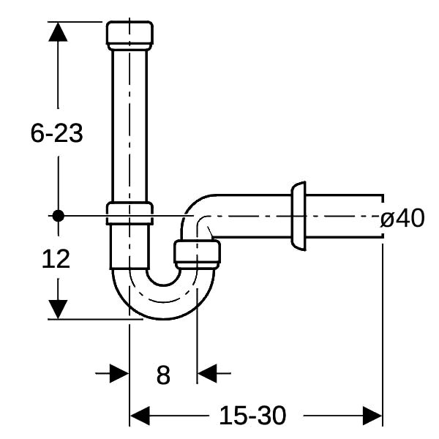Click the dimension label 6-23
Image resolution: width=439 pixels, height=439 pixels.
[56, 133]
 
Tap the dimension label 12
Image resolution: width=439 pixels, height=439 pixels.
[56, 259]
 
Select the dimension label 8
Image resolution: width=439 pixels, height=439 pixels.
[163, 375]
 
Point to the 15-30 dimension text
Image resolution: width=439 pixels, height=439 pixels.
[252, 416]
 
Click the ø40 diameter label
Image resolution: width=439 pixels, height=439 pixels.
[402, 218]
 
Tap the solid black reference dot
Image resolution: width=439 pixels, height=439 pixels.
[59, 216]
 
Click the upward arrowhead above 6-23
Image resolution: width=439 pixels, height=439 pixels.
[58, 32]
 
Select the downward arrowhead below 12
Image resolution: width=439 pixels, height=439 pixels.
[58, 309]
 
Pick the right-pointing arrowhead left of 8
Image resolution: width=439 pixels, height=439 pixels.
[119, 373]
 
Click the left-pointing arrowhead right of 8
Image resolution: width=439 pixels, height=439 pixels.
[207, 373]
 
